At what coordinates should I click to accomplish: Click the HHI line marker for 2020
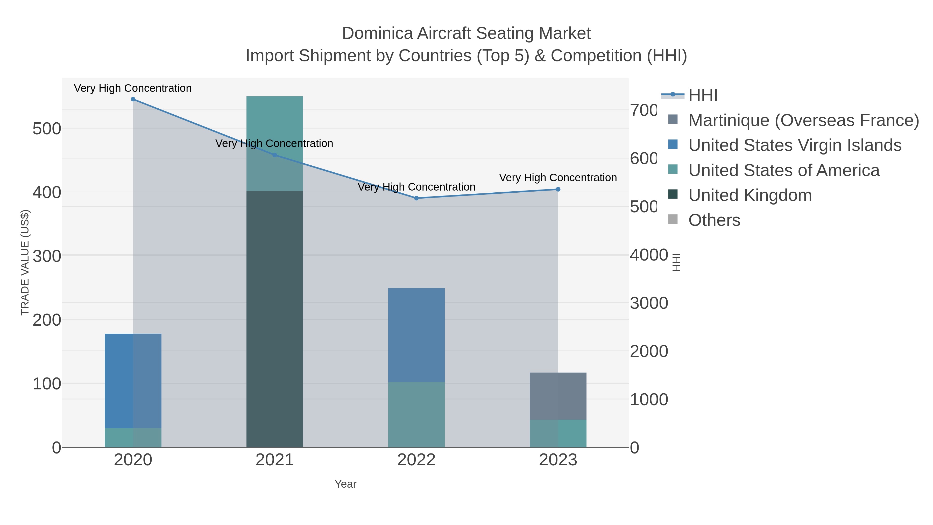[133, 99]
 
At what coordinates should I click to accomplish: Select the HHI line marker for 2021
[274, 155]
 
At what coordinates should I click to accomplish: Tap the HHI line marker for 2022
[416, 198]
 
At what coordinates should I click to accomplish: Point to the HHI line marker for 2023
[558, 190]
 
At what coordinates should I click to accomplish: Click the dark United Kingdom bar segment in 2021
[274, 319]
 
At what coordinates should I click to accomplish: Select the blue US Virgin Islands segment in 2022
[416, 335]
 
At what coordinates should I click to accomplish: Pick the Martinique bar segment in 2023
[558, 396]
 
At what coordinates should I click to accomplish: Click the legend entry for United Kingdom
[750, 195]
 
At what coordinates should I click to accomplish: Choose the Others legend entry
[714, 220]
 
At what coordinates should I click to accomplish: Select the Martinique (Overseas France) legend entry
[803, 120]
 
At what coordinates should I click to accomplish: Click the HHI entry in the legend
[703, 95]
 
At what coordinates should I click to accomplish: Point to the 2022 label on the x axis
[416, 460]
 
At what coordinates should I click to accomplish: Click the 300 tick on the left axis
[47, 256]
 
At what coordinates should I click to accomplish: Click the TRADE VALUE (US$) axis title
[25, 262]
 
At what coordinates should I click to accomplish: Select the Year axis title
[345, 484]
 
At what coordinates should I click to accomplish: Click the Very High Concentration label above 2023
[558, 178]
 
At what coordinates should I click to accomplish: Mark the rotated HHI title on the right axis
[676, 262]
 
